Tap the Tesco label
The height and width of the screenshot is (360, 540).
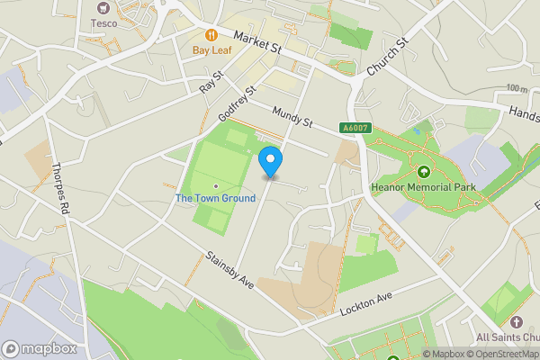tap(104, 23)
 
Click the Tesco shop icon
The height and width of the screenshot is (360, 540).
tap(104, 7)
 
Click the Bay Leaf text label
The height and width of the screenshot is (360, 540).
tap(211, 50)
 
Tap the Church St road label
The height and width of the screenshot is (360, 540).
tap(389, 56)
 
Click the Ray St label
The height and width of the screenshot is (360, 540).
tap(210, 85)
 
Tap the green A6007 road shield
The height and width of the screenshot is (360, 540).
tap(354, 129)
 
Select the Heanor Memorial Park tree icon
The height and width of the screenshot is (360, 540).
tap(423, 171)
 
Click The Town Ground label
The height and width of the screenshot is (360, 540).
tap(209, 198)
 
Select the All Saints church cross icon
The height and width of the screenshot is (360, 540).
tap(516, 321)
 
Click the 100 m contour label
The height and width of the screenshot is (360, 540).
tap(517, 88)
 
